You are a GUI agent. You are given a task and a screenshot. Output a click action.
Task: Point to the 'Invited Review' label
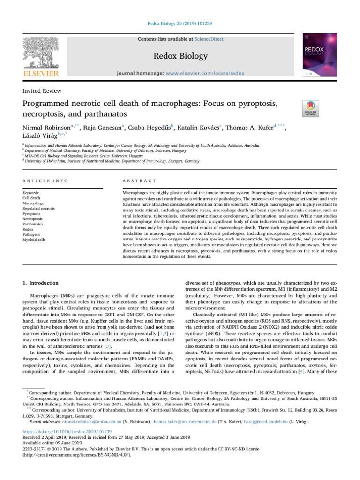[37, 90]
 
